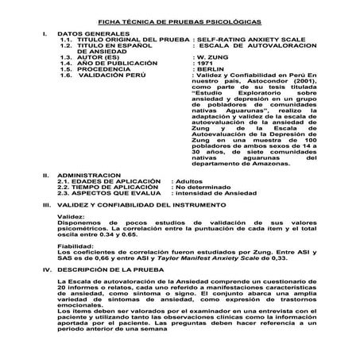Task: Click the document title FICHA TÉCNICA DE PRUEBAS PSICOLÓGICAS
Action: point(180,23)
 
